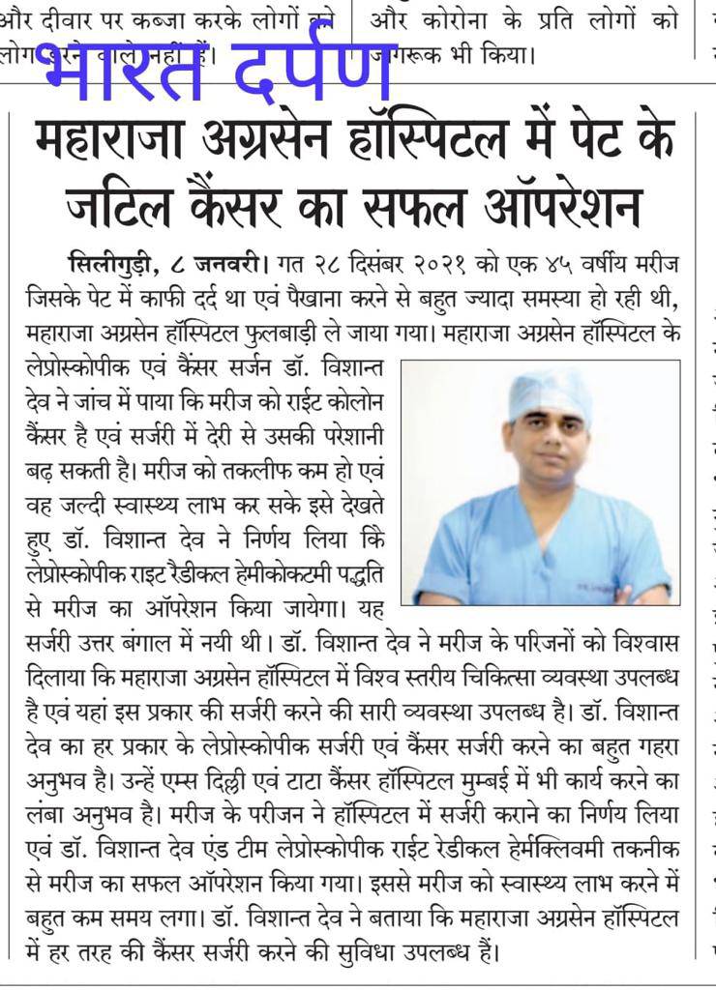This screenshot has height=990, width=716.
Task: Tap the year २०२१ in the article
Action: (437, 262)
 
